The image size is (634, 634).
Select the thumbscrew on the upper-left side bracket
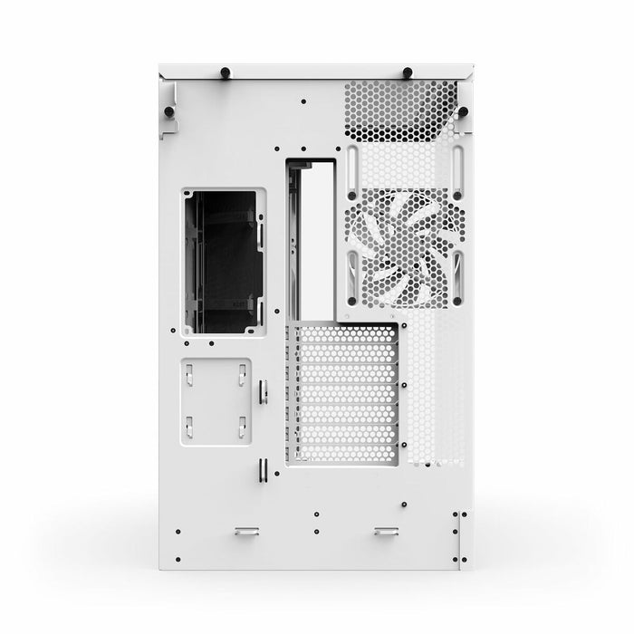point(168,111)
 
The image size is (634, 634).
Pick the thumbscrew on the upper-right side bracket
point(463,111)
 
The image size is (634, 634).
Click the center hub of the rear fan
point(405,247)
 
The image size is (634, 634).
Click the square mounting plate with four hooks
point(216,399)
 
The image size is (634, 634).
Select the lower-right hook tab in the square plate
point(243,427)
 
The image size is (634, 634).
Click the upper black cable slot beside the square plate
point(262,391)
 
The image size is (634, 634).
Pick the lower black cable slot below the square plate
point(262,469)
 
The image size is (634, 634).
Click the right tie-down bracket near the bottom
point(385,531)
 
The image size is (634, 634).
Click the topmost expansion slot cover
point(344,333)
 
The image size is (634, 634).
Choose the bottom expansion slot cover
point(344,453)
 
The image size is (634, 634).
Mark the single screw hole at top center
point(303,101)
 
